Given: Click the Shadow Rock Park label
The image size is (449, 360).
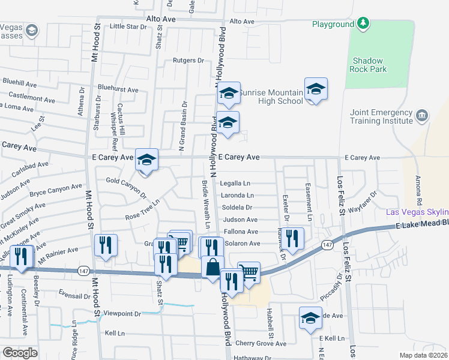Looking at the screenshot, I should coord(369,65).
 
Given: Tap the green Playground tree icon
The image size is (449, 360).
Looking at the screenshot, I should coord(363,23).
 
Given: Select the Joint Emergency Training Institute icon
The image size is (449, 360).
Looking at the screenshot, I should coord(422,115).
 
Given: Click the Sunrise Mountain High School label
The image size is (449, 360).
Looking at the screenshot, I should coord(271,97).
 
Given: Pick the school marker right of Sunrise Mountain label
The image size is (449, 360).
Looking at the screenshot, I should coord(316,90).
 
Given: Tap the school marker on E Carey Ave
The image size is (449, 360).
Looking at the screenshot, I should coord(146,161).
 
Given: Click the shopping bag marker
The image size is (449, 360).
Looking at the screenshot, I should coord(212,267).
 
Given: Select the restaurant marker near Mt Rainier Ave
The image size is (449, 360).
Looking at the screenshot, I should coord(106,245).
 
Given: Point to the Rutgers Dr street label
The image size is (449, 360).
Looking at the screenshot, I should coord(188,60).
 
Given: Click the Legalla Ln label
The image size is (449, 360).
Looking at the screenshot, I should coord(235,184).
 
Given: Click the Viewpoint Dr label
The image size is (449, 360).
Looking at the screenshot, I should coord(122,314).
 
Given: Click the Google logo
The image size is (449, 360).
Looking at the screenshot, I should coord(20,352).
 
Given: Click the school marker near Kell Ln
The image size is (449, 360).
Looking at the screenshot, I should coord(310,319).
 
